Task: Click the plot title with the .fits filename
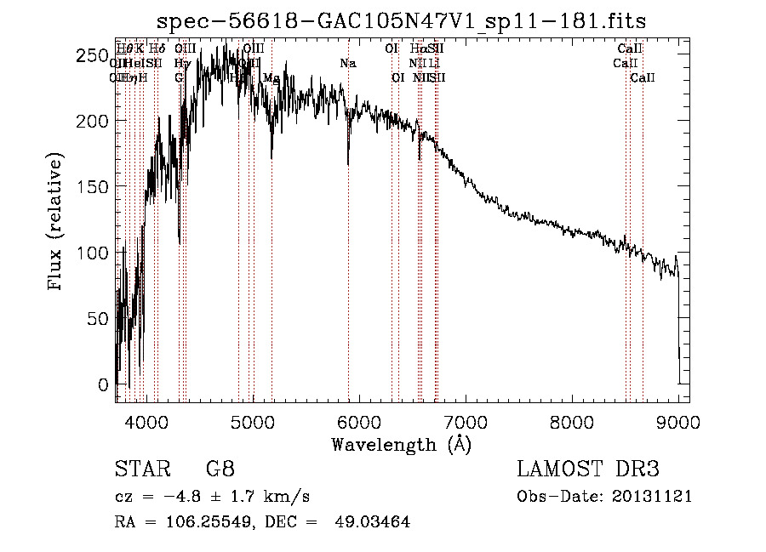(401, 22)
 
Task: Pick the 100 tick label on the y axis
(95, 253)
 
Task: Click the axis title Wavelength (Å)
(401, 443)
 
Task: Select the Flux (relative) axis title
(56, 223)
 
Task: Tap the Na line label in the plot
(347, 64)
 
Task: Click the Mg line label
(272, 77)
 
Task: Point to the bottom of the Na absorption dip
(348, 164)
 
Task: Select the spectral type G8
(220, 469)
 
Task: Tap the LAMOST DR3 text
(588, 469)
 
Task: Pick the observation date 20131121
(653, 497)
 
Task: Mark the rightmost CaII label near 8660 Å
(643, 77)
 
